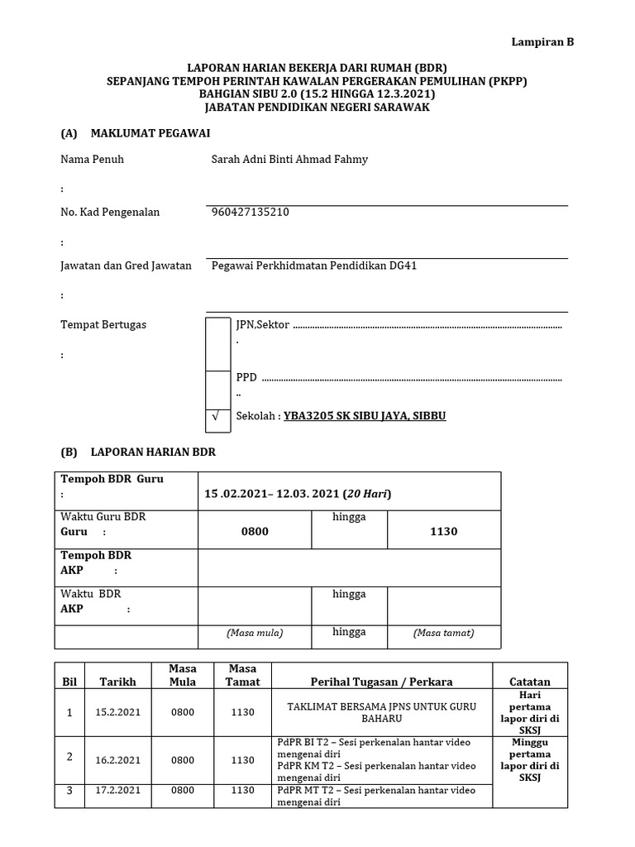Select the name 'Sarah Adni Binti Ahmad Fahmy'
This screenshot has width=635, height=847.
289,159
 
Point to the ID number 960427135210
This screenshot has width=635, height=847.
251,212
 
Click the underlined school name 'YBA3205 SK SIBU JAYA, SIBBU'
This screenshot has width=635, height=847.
365,415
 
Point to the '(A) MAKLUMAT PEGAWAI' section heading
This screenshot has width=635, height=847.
136,132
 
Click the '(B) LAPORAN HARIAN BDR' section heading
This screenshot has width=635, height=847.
138,452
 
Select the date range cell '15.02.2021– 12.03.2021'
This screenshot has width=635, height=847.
298,494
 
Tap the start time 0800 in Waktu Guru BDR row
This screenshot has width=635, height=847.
255,531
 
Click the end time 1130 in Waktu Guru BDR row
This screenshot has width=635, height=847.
443,531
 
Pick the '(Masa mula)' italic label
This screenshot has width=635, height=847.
255,633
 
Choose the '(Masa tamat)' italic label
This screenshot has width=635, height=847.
443,633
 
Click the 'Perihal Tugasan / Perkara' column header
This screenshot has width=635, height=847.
381,682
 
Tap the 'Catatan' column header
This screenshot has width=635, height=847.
530,682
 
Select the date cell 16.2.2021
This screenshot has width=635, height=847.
118,759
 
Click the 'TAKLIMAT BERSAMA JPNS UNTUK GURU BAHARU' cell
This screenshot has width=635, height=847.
381,712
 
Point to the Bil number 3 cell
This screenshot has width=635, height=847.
70,791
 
